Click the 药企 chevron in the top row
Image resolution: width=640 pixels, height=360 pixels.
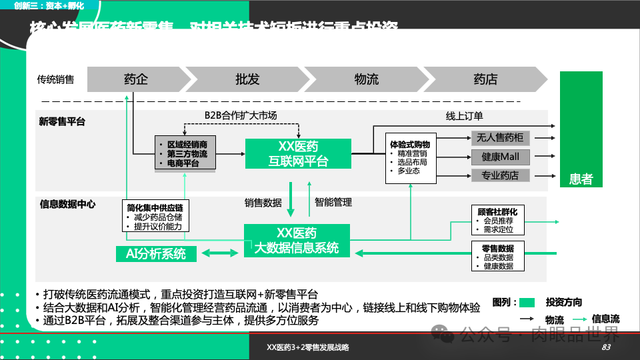136,79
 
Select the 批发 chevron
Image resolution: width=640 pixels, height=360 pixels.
247,79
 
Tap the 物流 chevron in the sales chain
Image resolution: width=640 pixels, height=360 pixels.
366,79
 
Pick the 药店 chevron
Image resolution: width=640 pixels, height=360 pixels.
485,79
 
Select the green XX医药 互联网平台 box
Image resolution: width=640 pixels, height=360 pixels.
298,153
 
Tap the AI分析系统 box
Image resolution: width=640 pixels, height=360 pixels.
157,253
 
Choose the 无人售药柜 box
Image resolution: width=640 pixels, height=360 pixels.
500,138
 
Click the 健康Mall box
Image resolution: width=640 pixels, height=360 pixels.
500,157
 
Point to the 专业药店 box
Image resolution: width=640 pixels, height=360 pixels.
500,175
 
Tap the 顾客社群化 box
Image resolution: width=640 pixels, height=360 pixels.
497,220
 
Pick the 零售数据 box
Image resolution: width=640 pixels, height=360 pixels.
497,257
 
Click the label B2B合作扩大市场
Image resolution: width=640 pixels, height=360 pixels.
241,115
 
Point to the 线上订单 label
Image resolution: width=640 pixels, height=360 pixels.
465,115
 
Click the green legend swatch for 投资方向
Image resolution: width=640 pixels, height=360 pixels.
527,302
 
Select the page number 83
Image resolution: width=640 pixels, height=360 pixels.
606,347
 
